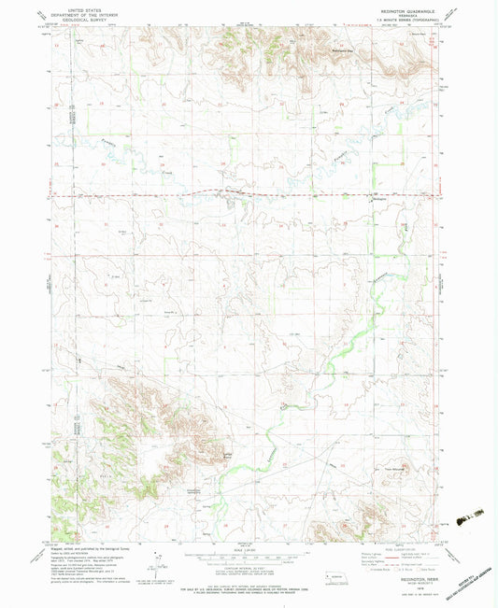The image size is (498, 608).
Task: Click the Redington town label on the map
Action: coord(378,200)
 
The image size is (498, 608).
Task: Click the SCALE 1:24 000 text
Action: coord(249,548)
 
